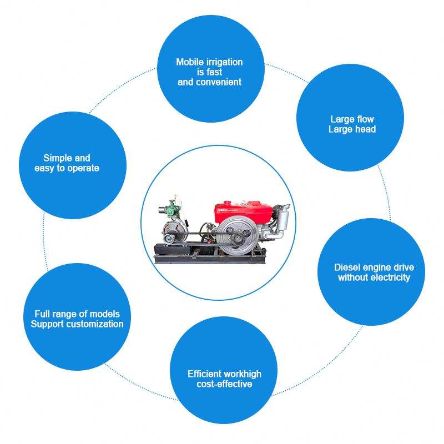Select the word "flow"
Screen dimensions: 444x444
pyautogui.click(x=365, y=119)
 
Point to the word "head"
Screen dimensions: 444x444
pyautogui.click(x=365, y=129)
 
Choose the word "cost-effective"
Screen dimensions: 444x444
pyautogui.click(x=224, y=384)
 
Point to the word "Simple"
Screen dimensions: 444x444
pyautogui.click(x=59, y=158)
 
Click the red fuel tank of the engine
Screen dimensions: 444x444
pyautogui.click(x=243, y=210)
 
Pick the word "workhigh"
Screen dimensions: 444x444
pyautogui.click(x=242, y=374)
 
